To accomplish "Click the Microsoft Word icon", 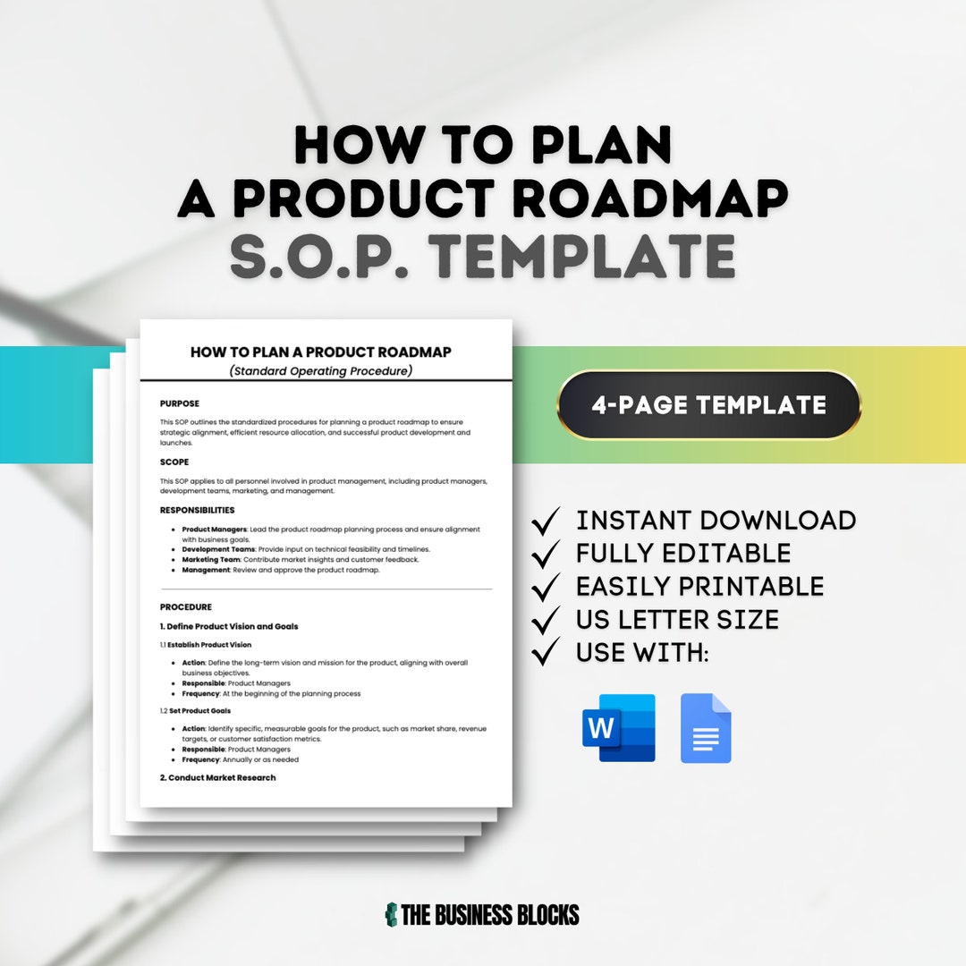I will pyautogui.click(x=619, y=728).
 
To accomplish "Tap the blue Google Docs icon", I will pyautogui.click(x=706, y=728).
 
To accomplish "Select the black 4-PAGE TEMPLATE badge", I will pyautogui.click(x=708, y=405).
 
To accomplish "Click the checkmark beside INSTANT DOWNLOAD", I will pyautogui.click(x=546, y=521).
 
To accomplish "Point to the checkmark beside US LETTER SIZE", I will pyautogui.click(x=546, y=620).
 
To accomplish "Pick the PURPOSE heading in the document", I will pyautogui.click(x=180, y=403).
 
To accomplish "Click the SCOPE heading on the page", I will pyautogui.click(x=174, y=462).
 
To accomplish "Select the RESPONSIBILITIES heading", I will pyautogui.click(x=197, y=510).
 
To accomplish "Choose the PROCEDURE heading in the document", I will pyautogui.click(x=186, y=606).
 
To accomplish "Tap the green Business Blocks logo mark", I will pyautogui.click(x=391, y=914).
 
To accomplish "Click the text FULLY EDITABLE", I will pyautogui.click(x=683, y=554).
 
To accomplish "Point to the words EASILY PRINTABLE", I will pyautogui.click(x=699, y=587).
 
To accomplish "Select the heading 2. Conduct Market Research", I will pyautogui.click(x=217, y=777).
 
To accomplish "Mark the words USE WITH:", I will pyautogui.click(x=642, y=653).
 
